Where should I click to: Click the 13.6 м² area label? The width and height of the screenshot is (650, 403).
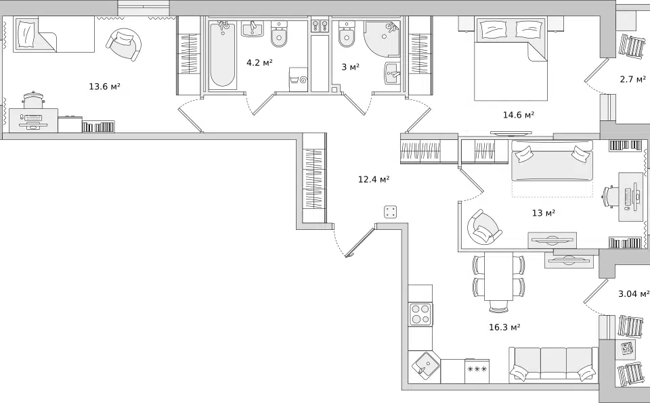104,87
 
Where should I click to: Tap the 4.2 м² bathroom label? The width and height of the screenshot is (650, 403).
259,63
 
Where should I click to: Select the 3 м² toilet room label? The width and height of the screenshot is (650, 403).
350,67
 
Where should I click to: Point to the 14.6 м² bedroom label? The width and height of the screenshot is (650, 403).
518,115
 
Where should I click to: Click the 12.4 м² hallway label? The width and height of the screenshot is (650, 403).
374,179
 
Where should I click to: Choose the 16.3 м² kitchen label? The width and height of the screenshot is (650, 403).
504,327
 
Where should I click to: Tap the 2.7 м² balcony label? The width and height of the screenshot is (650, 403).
633,79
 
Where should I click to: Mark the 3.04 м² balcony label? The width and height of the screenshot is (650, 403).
634,293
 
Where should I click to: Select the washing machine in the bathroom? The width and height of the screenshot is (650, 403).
299,80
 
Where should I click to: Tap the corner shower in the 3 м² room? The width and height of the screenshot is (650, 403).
382,39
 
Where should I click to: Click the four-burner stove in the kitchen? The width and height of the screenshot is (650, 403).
420,314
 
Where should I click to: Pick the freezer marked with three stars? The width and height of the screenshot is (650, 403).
477,371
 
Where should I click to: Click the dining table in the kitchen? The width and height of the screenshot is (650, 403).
499,276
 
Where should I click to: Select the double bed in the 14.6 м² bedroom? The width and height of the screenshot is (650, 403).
511,58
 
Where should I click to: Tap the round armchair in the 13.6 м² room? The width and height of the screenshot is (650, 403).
123,44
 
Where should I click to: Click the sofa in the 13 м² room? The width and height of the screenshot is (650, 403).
552,161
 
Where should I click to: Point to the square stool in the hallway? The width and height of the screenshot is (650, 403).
391,212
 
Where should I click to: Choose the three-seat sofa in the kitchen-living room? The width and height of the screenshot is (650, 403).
553,364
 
